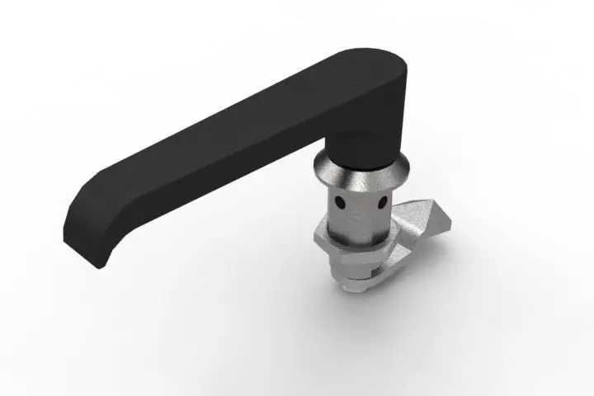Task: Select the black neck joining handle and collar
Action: click(361, 148)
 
